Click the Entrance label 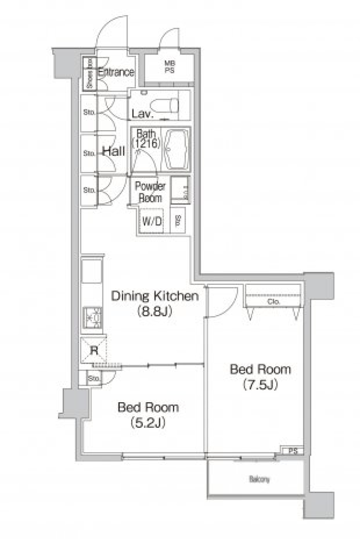tap(116, 72)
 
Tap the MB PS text tap(169, 67)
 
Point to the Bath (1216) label tap(146, 138)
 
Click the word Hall tap(114, 151)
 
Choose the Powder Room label tap(150, 192)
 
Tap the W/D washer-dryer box tap(152, 221)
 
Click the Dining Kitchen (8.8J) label tap(154, 303)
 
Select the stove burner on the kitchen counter tap(92, 317)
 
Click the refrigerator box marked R tap(94, 351)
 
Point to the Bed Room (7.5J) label tap(260, 377)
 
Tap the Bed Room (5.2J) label tap(148, 415)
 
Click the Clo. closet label tap(273, 301)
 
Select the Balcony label tap(259, 479)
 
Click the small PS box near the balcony tap(293, 451)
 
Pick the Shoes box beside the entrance tap(89, 74)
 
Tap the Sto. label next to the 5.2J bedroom tap(94, 379)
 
